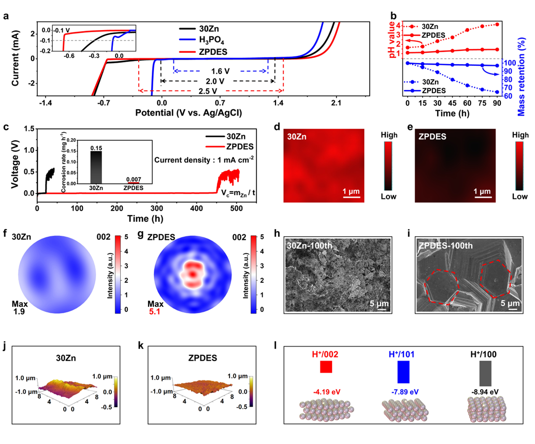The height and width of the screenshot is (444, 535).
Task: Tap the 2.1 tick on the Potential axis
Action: coord(337,103)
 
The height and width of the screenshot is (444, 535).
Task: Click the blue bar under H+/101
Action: coord(403,372)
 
